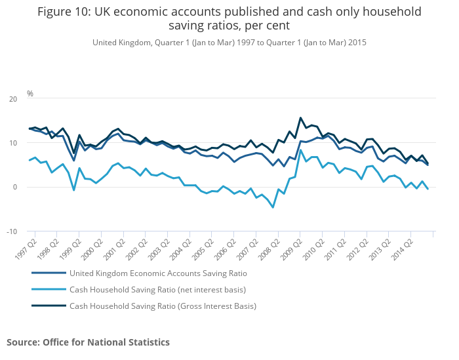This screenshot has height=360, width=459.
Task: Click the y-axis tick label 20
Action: (13, 99)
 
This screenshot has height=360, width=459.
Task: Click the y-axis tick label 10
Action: (13, 143)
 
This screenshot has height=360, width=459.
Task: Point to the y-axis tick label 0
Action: (15, 187)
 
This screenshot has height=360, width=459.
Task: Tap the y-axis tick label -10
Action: (12, 231)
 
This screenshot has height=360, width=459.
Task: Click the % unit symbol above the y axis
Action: (30, 94)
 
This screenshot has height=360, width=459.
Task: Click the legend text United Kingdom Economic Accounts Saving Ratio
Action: (158, 273)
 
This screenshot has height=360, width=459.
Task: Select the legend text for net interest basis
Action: (157, 289)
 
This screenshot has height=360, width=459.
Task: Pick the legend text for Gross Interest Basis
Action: (163, 306)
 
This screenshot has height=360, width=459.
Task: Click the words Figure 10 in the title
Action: (66, 12)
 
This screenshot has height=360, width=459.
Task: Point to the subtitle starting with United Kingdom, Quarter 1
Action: (229, 42)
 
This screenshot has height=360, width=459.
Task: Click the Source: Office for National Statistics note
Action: (88, 342)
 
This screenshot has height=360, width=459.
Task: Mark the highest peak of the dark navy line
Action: (300, 118)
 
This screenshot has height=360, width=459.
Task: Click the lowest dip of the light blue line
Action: (273, 207)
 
